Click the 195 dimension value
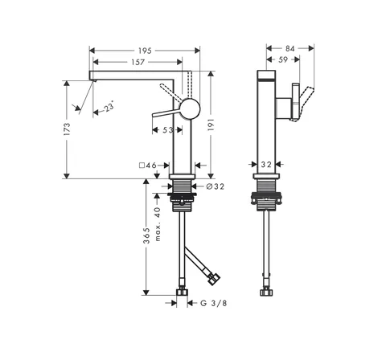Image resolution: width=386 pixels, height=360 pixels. click(x=145, y=51)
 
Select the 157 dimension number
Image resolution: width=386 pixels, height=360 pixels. click(x=138, y=62)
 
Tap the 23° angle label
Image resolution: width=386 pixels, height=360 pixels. click(x=109, y=107)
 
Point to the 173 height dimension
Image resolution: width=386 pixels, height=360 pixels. click(x=67, y=129)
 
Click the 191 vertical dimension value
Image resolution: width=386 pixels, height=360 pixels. click(x=211, y=125)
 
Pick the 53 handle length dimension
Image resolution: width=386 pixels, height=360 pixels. click(x=168, y=130)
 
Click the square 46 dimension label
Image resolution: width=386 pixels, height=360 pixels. click(x=148, y=166)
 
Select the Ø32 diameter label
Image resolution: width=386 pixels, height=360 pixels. click(x=216, y=186)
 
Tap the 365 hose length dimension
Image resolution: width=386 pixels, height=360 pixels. click(x=146, y=235)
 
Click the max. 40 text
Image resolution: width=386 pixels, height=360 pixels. click(x=158, y=224)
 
